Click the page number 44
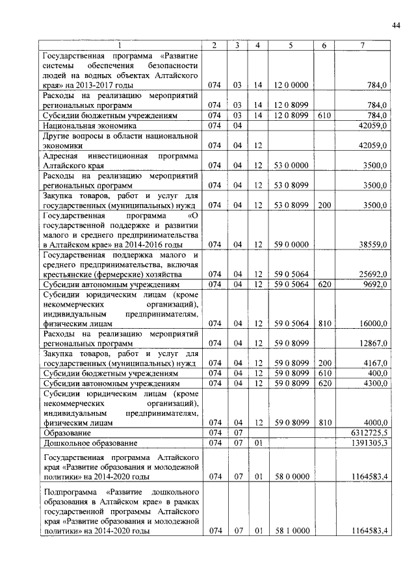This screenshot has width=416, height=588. tap(396, 25)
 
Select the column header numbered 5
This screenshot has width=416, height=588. tap(291, 45)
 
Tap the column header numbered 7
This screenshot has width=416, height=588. tap(362, 45)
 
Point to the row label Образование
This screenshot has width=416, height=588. tap(64, 432)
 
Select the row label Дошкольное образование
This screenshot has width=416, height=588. tap(89, 443)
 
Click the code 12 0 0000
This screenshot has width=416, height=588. tap(291, 85)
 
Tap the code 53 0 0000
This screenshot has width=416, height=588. tap(291, 166)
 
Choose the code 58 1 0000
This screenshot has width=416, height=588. tap(291, 531)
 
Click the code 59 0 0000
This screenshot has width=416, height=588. tap(291, 244)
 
